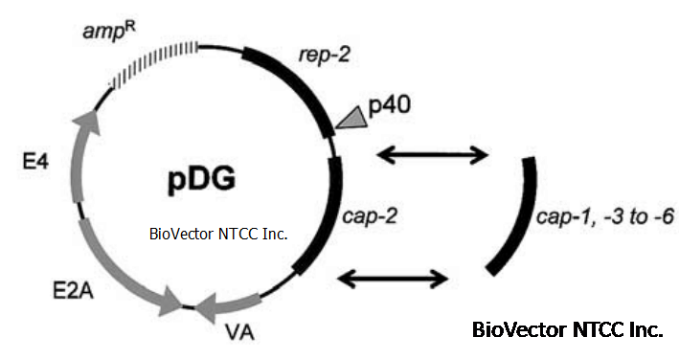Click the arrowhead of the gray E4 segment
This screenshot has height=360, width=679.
point(88,121)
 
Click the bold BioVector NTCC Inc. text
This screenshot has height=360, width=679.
point(568,330)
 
